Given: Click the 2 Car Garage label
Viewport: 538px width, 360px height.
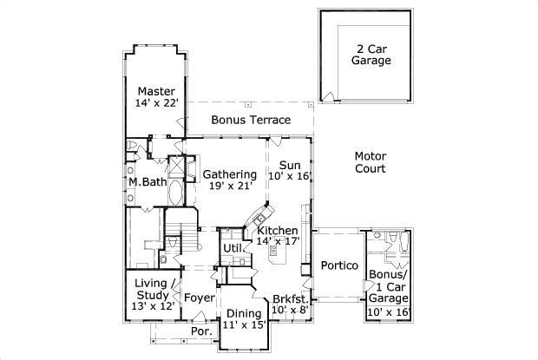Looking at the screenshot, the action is click(x=371, y=55).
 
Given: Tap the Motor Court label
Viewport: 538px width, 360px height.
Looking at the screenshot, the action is click(x=371, y=162).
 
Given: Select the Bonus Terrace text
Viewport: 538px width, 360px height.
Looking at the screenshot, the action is click(x=251, y=120).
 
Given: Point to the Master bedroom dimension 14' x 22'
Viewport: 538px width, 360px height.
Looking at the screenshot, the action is click(x=156, y=103).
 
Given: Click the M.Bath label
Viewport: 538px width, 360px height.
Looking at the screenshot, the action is click(x=148, y=181).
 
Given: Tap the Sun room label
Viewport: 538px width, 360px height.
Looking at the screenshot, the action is click(x=290, y=165).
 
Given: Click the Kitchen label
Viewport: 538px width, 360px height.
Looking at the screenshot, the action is click(x=278, y=230).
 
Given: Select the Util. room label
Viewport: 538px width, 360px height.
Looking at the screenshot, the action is click(x=233, y=248).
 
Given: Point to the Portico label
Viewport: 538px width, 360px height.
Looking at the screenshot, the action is click(x=339, y=265).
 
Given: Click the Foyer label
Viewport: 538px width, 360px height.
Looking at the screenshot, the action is click(x=200, y=298).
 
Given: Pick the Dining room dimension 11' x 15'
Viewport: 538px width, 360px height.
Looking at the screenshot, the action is click(x=245, y=324).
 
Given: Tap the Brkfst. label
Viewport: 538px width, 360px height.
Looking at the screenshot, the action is click(x=291, y=298).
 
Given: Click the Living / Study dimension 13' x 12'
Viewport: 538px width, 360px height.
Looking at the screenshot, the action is click(x=153, y=306).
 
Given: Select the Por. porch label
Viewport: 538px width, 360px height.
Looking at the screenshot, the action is click(x=200, y=331).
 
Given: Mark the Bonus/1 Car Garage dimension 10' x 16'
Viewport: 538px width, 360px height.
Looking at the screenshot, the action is click(x=389, y=312).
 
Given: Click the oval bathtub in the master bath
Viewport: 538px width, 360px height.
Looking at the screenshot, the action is click(x=176, y=192).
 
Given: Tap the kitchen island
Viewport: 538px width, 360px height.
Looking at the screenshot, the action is click(x=277, y=253).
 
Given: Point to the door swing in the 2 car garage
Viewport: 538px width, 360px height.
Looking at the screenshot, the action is click(x=328, y=96).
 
